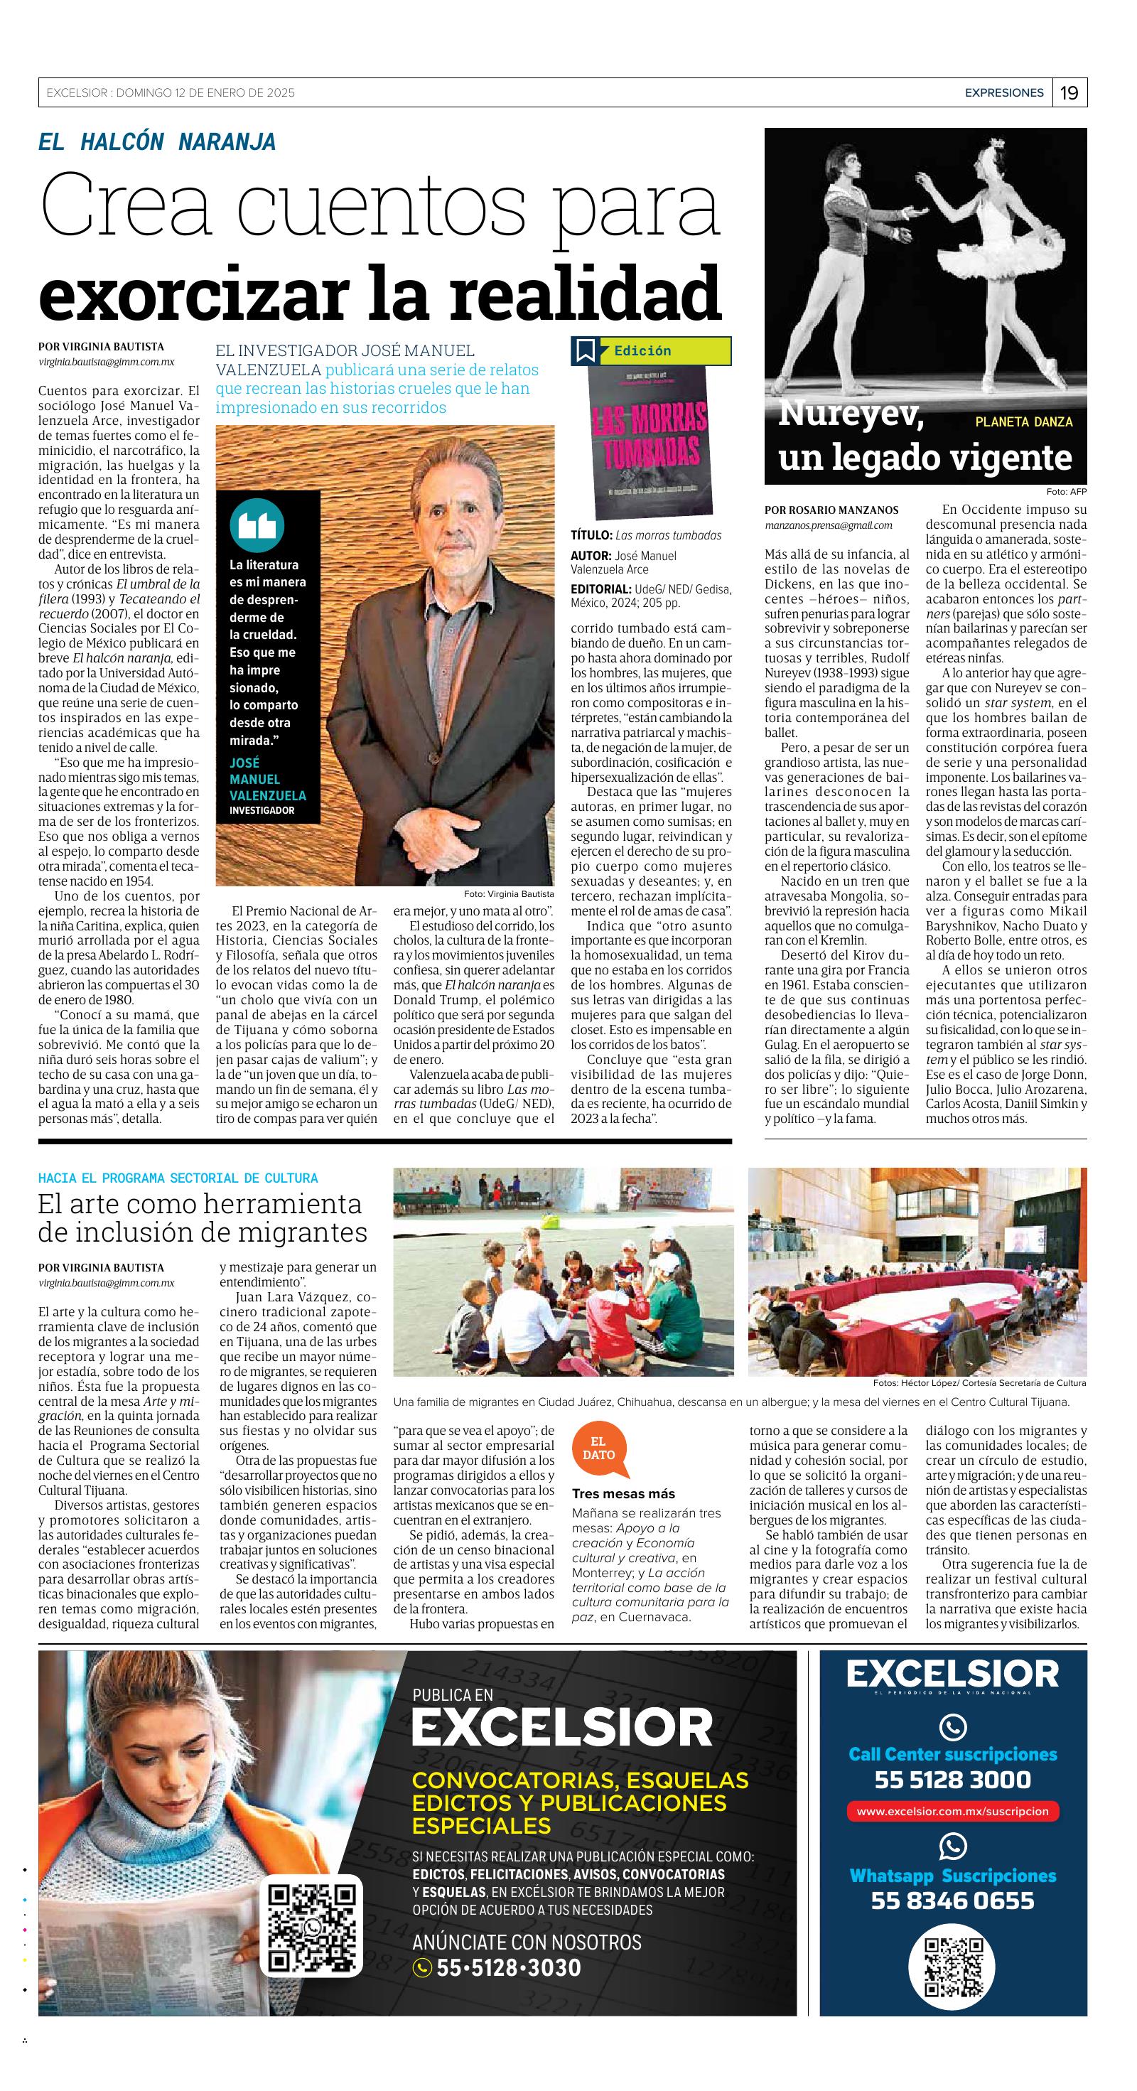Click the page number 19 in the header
[1069, 92]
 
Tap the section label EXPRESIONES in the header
[1004, 92]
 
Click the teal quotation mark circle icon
[257, 525]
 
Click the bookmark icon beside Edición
[585, 350]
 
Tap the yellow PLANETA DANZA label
[1023, 422]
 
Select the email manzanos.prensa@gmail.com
[828, 525]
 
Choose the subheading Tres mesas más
[623, 1493]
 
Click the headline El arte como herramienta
[200, 1204]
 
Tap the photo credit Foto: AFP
[1066, 492]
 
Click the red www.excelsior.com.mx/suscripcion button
[952, 1811]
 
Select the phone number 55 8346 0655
[952, 1901]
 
